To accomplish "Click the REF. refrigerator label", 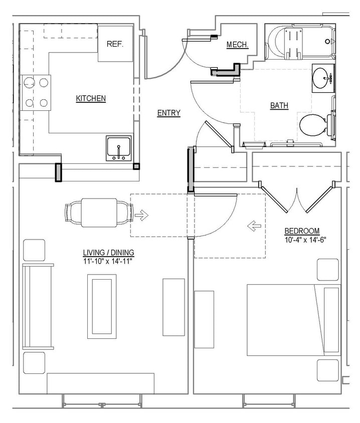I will tap(115, 44).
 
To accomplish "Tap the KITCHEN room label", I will tap(91, 99).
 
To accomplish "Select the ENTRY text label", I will tap(168, 113).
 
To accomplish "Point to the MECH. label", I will tap(237, 45).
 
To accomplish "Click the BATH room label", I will tap(279, 106).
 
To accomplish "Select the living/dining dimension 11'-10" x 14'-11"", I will tap(109, 261).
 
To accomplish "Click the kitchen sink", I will tap(119, 148).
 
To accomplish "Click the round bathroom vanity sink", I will tap(321, 78).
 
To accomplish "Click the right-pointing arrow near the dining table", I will tap(142, 216).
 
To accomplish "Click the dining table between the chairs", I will tap(99, 213).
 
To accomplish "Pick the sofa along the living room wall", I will tap(37, 306).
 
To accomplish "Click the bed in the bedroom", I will tap(293, 321).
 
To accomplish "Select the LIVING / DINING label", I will tap(109, 253).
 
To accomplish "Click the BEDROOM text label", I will tap(302, 231).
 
